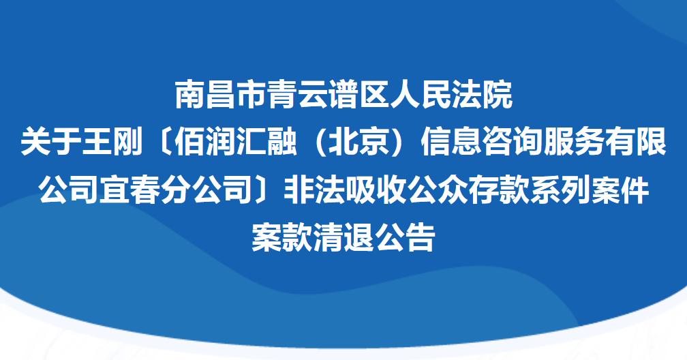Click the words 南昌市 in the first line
(x=222, y=95)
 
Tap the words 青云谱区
(x=329, y=95)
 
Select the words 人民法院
(x=451, y=95)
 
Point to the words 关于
(x=51, y=142)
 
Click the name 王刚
(x=112, y=142)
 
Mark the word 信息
(x=451, y=142)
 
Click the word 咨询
(x=513, y=142)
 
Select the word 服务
(x=574, y=142)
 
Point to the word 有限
(x=636, y=142)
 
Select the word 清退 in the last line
(x=343, y=237)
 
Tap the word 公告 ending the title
(x=405, y=237)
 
